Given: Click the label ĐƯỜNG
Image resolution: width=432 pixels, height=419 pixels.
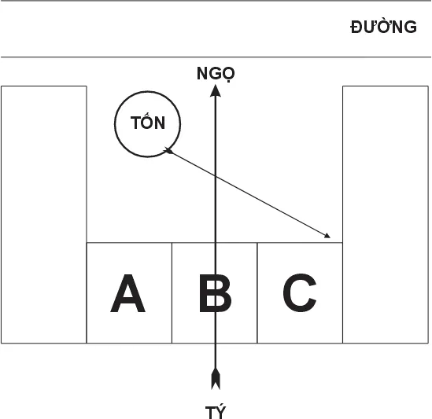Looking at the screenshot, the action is tap(383, 27).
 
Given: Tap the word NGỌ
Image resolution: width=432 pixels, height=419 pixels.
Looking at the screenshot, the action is tap(216, 74).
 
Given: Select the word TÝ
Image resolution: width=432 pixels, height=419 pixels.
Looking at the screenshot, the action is tap(216, 412).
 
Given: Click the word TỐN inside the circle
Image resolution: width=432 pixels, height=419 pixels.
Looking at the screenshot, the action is tap(148, 121).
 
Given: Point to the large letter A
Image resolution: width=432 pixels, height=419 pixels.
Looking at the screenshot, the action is tap(127, 293).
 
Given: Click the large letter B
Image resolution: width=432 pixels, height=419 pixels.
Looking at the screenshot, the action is tap(215, 293).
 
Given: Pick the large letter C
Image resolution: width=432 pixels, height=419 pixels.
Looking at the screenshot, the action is tap(300, 292).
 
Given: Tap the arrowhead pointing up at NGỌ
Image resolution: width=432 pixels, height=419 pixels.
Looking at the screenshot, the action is tap(216, 91).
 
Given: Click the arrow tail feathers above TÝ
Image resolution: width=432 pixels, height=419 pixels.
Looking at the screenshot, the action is tap(216, 379).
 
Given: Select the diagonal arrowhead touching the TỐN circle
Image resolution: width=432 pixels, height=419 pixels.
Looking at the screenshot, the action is tap(168, 150).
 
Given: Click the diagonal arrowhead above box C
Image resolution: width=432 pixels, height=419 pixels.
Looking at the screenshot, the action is tap(327, 235).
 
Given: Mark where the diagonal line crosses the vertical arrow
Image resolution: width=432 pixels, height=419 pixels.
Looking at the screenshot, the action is tap(216, 175).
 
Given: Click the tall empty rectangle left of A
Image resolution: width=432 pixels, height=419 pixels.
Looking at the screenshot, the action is tap(44, 215).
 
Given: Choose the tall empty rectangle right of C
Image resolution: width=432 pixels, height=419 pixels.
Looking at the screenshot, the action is tap(386, 215).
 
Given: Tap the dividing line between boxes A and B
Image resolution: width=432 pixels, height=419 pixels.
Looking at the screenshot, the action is tap(172, 293).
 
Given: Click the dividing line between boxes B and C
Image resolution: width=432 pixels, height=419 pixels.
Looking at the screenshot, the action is tap(257, 293).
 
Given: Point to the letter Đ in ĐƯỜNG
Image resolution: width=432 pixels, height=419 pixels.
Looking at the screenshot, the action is tap(357, 28).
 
